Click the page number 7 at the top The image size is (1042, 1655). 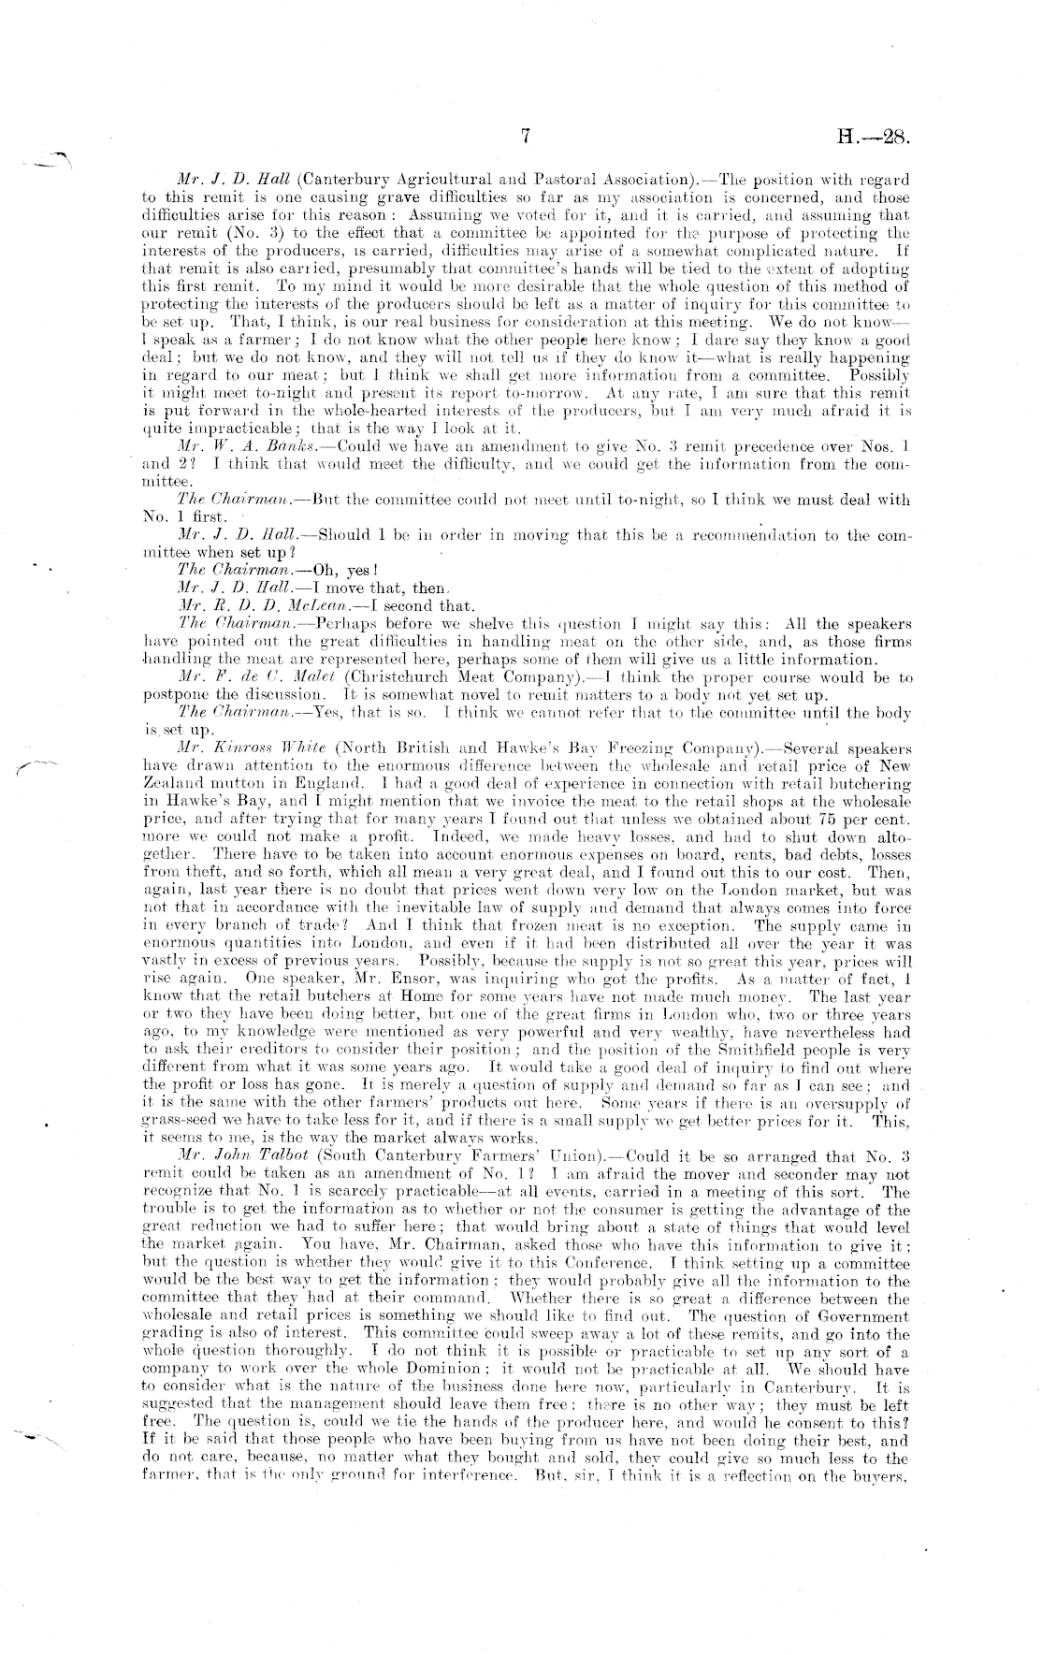pos(525,137)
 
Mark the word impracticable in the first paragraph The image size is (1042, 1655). pos(194,429)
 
